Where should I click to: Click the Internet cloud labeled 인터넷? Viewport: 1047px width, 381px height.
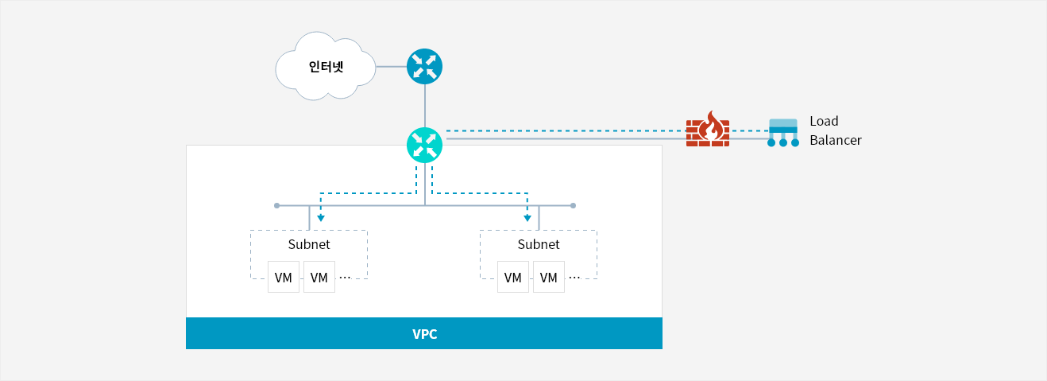point(326,66)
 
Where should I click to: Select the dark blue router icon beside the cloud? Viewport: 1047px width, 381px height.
point(424,67)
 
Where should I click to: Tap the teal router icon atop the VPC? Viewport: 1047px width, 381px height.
point(424,145)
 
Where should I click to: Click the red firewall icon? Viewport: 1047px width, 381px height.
point(708,130)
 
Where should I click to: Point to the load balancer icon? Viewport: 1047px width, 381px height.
point(783,133)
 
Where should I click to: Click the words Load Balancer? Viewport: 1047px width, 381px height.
point(835,130)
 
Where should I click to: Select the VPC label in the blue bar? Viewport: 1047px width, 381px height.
point(424,334)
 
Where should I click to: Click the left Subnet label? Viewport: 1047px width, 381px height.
point(309,244)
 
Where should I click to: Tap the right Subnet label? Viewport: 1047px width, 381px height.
point(539,244)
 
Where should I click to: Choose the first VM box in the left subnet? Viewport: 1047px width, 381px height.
point(284,277)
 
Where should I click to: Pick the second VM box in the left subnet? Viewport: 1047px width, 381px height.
point(319,277)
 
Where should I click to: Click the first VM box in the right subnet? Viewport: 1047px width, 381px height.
point(512,277)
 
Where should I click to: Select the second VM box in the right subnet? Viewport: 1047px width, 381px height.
point(549,277)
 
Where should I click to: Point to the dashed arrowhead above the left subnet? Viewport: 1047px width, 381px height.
point(321,218)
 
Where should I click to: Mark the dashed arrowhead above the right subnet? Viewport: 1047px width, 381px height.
point(527,218)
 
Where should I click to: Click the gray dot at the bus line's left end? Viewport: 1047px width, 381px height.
point(276,205)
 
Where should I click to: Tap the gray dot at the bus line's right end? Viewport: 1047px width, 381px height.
point(573,205)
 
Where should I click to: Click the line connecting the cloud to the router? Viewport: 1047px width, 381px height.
point(391,67)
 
